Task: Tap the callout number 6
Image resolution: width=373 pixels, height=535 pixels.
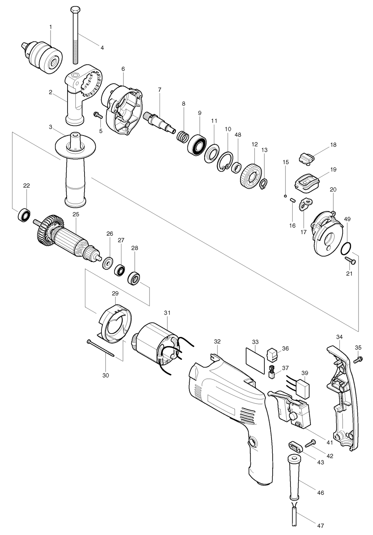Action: (x=123, y=68)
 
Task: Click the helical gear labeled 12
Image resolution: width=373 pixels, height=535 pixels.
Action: (x=252, y=177)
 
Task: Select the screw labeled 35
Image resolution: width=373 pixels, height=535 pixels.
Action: (x=358, y=359)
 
